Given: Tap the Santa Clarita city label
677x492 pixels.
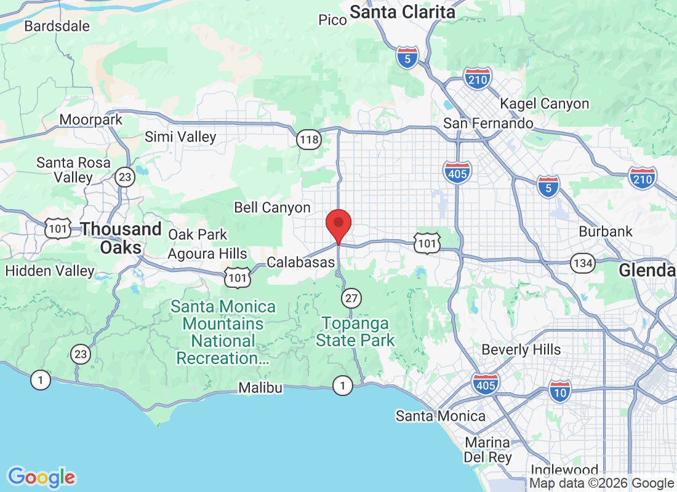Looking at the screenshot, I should tap(403, 12).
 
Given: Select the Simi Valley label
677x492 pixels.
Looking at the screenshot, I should tap(180, 137).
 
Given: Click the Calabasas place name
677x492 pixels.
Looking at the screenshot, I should tap(300, 263).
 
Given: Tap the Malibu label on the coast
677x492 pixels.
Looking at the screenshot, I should tap(260, 387).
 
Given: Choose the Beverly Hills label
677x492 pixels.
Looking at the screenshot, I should tap(521, 350).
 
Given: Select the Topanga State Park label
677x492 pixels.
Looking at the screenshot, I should tap(356, 331).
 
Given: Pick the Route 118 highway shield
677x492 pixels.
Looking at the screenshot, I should tap(308, 140).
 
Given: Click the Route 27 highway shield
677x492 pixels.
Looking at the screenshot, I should tap(351, 298).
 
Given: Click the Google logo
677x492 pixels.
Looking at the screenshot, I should tap(42, 477).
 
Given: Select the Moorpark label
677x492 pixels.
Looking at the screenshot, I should tap(91, 119).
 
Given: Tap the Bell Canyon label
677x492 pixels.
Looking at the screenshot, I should tap(272, 208).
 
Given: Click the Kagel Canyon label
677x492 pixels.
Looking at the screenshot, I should tap(545, 104).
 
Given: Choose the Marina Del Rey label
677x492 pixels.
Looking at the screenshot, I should tap(487, 450).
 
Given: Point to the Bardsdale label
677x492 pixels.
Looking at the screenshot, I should tap(57, 26).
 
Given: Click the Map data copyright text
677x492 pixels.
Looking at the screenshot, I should tap(601, 483).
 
